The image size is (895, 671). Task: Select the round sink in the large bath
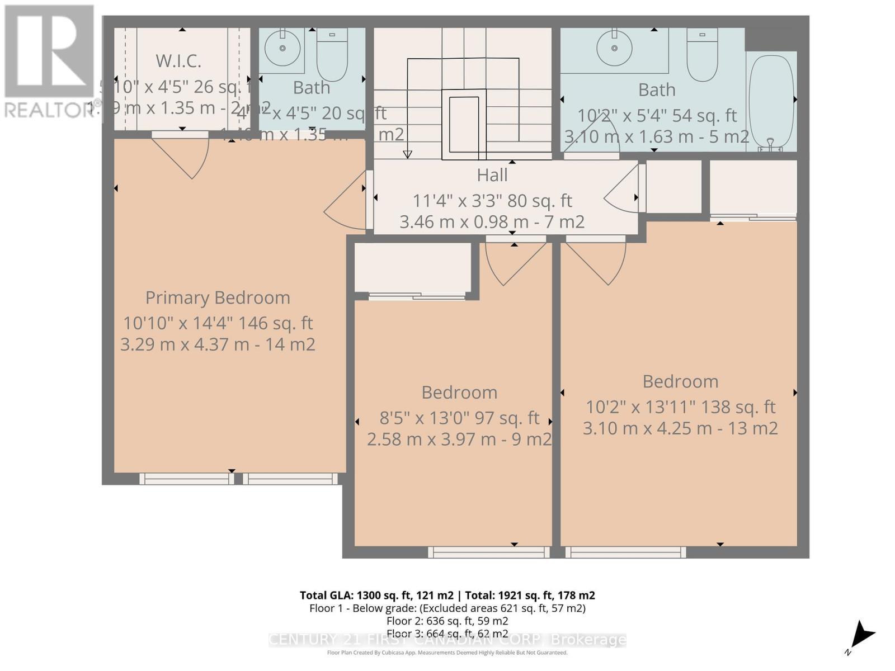[x=614, y=48]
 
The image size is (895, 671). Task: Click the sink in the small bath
[x=282, y=48]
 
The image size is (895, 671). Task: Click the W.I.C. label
[x=178, y=60]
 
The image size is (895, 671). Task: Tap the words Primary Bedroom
[x=218, y=297]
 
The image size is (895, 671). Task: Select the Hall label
[x=492, y=175]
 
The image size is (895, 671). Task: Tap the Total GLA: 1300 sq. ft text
[x=376, y=595]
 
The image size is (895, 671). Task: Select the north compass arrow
[x=863, y=635]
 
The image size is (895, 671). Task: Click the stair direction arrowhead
[x=408, y=154]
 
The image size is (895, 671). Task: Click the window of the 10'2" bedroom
[x=625, y=552]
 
